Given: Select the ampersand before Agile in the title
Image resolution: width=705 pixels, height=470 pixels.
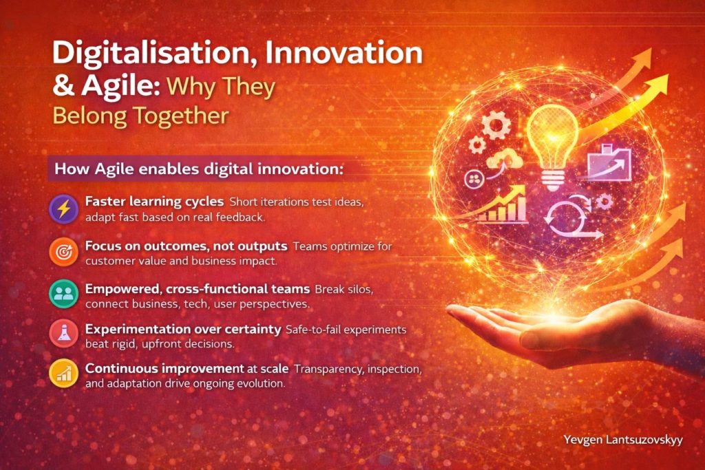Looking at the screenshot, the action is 64,86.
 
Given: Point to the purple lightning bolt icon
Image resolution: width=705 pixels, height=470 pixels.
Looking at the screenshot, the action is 64,209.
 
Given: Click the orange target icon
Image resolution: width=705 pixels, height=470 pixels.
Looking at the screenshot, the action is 64,252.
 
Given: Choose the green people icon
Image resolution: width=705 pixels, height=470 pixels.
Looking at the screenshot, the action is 64,294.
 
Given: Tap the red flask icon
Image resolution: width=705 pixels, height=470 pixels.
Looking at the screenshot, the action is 64,334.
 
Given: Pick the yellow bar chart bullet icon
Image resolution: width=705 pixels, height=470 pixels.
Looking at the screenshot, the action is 64,374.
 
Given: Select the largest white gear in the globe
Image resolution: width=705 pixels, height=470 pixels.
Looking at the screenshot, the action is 496,125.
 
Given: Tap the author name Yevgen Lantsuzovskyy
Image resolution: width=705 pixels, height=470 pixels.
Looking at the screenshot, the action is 622,440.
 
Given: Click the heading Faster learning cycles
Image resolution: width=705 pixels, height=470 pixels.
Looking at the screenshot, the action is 154,202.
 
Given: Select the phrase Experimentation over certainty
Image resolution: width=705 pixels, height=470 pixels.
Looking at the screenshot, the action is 183,329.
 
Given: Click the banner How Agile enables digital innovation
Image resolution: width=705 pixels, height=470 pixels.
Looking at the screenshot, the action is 199,169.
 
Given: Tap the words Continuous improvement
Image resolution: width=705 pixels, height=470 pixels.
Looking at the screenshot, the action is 165,368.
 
